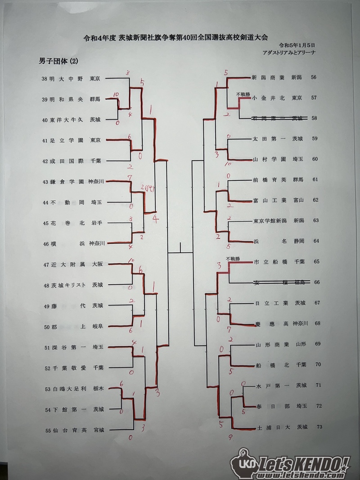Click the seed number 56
pyautogui.click(x=314, y=77)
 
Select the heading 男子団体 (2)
pyautogui.click(x=59, y=61)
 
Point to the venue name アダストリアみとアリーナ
pyautogui.click(x=289, y=53)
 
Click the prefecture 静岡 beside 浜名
pyautogui.click(x=299, y=241)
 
